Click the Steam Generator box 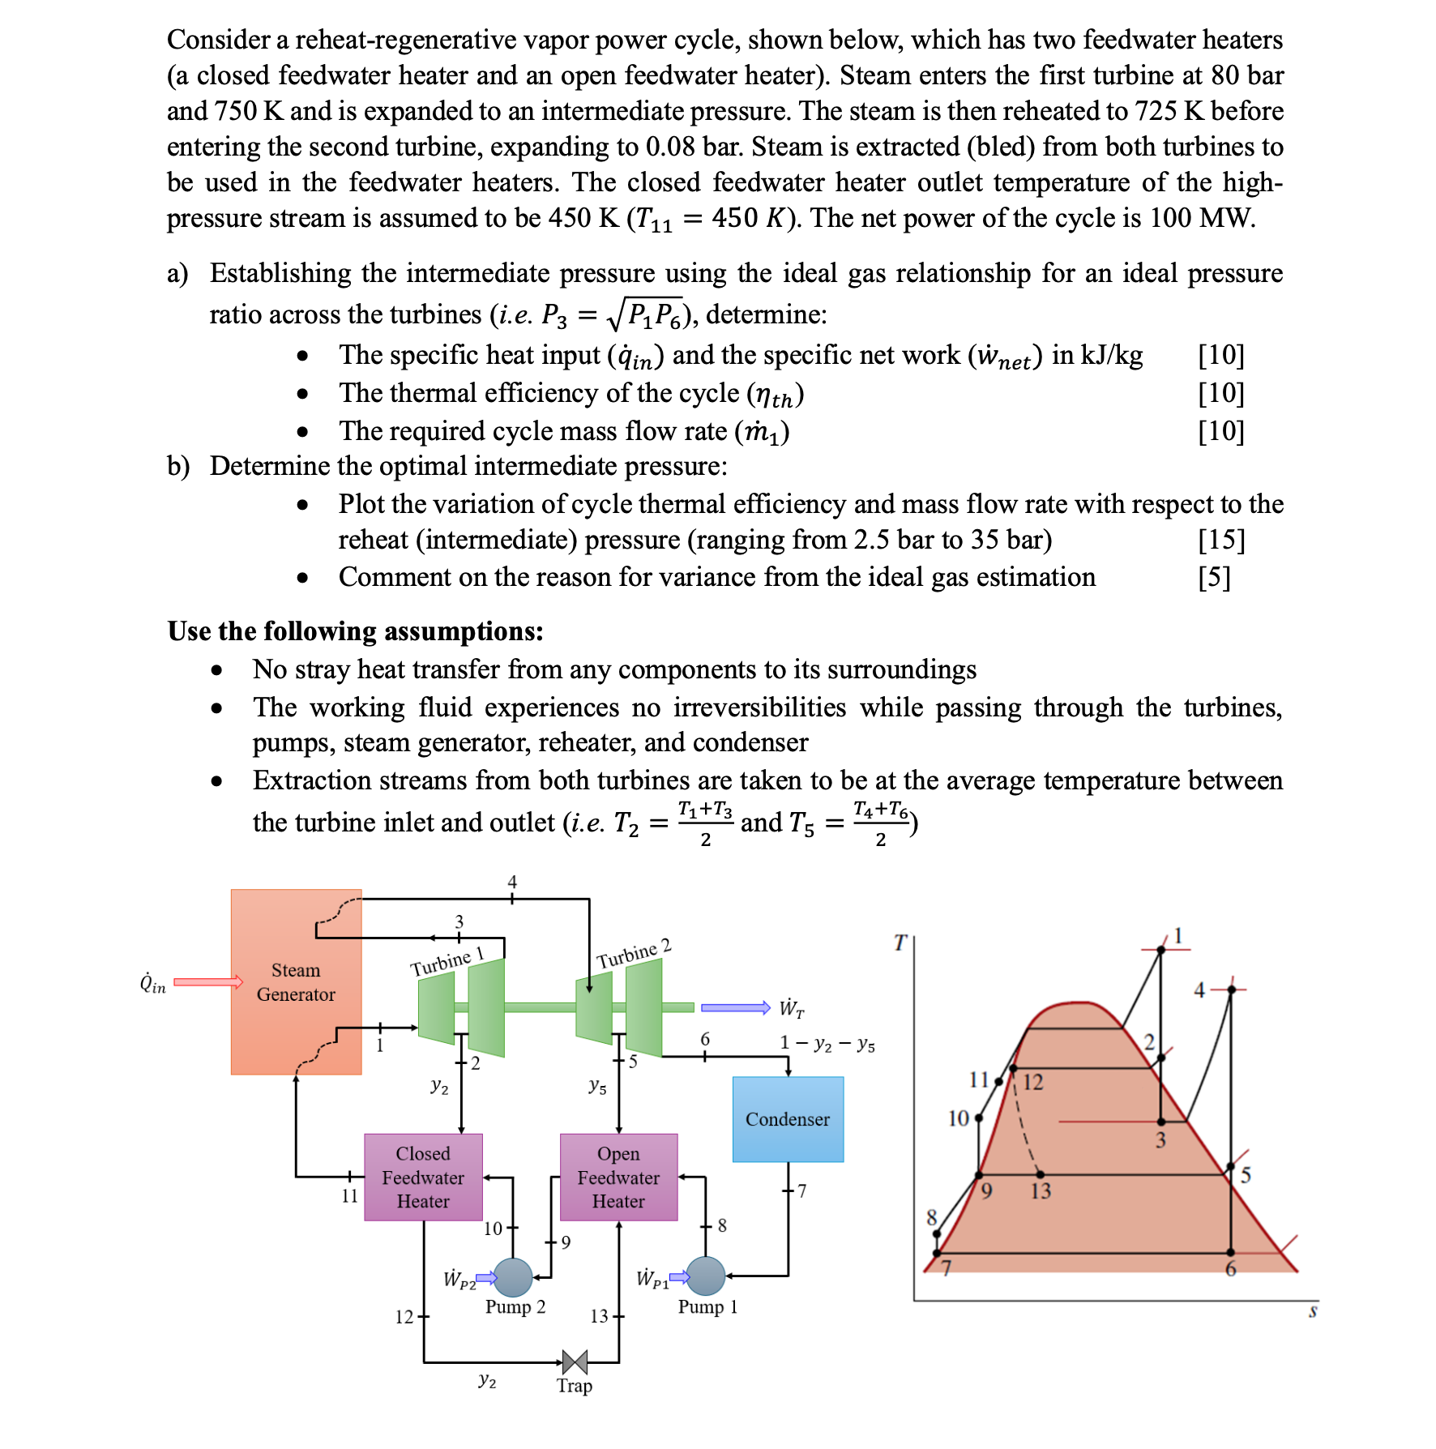tap(296, 982)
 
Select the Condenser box tap(788, 1119)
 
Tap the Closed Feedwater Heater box tap(423, 1177)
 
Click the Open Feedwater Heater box tap(618, 1177)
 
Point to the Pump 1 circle tap(705, 1276)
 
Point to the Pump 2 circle tap(513, 1278)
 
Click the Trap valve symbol tap(575, 1362)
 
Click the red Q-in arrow tap(208, 982)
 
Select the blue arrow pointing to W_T tap(735, 1007)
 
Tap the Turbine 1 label tap(447, 962)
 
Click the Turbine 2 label tap(634, 954)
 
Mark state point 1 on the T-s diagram tap(1160, 949)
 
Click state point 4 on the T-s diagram tap(1230, 990)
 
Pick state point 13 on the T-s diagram tap(1041, 1174)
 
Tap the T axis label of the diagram tap(900, 942)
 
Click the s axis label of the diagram tap(1313, 1310)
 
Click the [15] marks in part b tap(1221, 540)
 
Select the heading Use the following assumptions tap(355, 631)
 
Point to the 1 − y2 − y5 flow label tap(827, 1043)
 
